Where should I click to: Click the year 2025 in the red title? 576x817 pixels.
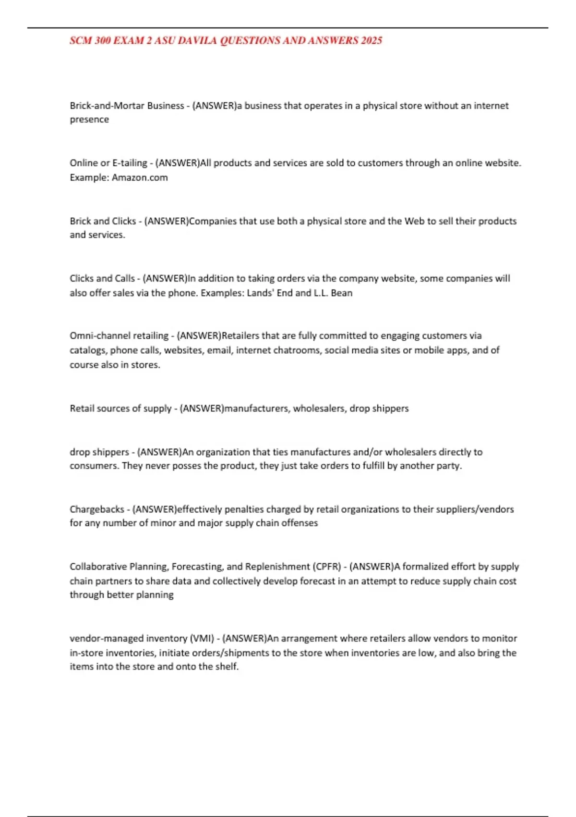(372, 41)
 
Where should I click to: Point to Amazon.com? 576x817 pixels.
(140, 177)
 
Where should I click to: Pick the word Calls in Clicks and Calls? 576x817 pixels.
(125, 278)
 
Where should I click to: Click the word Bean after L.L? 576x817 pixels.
(342, 293)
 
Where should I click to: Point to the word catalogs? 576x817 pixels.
(87, 350)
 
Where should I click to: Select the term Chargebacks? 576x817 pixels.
(97, 509)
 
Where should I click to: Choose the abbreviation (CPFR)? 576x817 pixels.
(327, 567)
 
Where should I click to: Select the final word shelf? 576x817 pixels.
(228, 667)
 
